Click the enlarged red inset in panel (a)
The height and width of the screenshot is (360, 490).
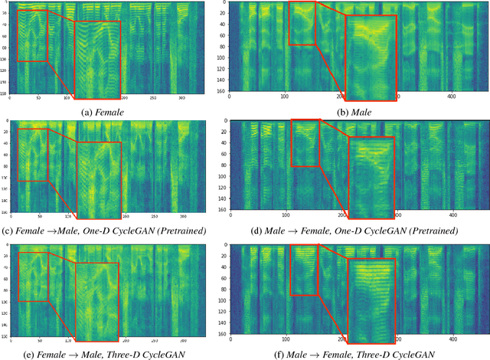[98, 61]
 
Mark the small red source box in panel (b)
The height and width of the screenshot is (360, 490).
[302, 23]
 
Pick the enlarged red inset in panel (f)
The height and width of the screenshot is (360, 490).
[371, 300]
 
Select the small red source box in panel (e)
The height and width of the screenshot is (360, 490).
[32, 277]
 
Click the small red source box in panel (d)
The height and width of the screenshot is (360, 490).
[305, 143]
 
